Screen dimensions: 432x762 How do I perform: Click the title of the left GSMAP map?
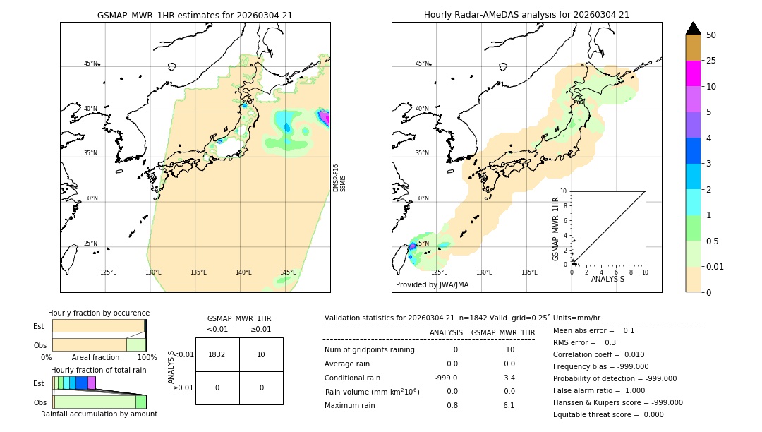coord(195,15)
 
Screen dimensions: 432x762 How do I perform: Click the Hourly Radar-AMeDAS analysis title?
coord(526,15)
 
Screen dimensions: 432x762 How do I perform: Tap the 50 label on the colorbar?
coord(711,35)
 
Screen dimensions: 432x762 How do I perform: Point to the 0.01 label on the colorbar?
coord(715,266)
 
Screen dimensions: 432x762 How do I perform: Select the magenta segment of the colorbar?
coord(693,73)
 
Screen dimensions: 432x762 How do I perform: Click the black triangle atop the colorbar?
coord(693,28)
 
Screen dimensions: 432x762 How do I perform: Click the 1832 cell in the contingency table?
coord(217,354)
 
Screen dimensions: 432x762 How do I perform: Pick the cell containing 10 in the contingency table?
coord(261,354)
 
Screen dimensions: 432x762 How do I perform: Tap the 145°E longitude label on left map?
coord(288,272)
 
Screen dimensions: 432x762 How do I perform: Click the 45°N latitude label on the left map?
coord(90,64)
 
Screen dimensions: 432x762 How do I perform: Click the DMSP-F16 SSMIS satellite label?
coord(339,178)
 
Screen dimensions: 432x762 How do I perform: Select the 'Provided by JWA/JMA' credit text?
coord(432,284)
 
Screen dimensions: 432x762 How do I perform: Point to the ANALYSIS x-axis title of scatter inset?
coord(607,279)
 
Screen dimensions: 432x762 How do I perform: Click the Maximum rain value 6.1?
coord(509,405)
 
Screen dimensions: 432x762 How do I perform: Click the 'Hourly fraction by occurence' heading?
coord(99,313)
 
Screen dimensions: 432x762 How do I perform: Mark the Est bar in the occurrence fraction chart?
coord(98,326)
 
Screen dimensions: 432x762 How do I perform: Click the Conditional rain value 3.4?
coord(509,378)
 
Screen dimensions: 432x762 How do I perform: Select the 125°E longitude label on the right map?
coord(439,272)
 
